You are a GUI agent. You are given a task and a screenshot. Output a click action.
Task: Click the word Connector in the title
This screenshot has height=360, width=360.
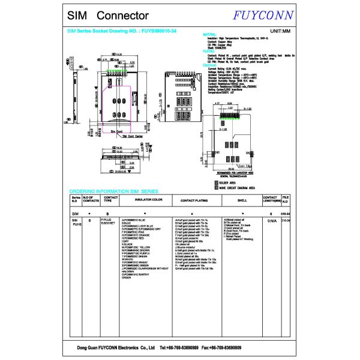(x=122, y=14)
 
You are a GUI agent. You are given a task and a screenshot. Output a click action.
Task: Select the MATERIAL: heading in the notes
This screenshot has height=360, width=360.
(x=209, y=34)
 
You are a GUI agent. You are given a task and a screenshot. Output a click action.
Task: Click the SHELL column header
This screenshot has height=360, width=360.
(x=242, y=200)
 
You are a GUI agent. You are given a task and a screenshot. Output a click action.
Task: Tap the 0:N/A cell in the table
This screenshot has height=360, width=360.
(x=270, y=221)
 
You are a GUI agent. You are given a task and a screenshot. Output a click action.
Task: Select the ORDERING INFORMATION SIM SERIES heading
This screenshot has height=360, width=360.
(x=113, y=190)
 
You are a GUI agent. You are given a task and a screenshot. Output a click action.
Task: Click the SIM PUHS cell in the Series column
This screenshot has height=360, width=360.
(x=76, y=223)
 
